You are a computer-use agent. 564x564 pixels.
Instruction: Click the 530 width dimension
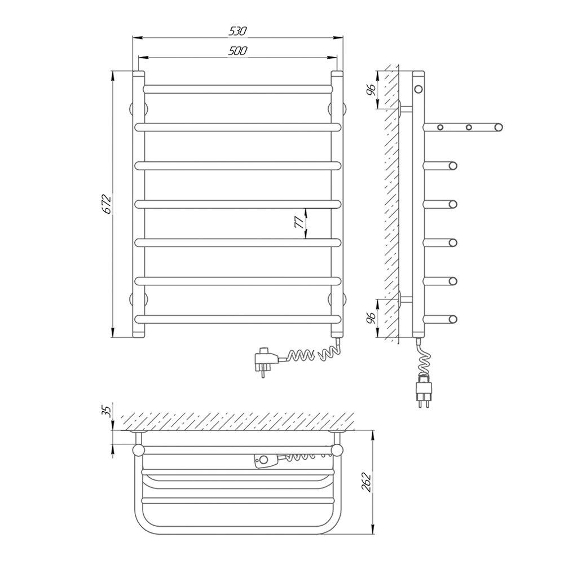pos(238,31)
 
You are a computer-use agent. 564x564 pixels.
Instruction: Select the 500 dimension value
pos(238,51)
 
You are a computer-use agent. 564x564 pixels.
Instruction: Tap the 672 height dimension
pos(108,204)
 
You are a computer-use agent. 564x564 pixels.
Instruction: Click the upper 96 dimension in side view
pos(372,89)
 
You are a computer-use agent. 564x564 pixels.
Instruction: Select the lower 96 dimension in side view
pos(372,318)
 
